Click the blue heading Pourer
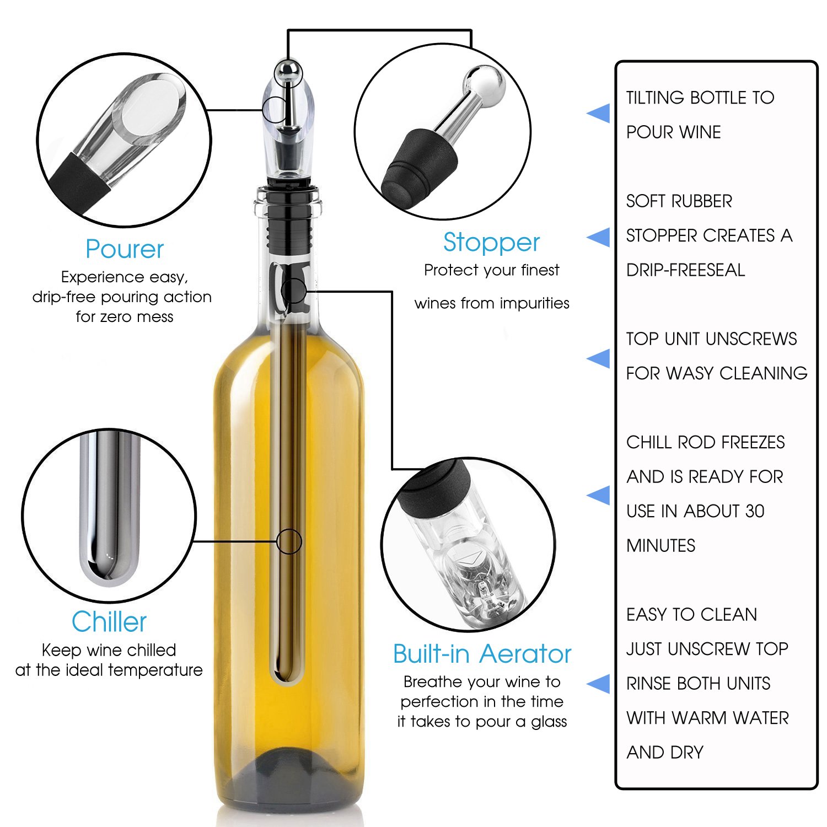click(x=125, y=249)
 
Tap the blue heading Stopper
click(x=491, y=243)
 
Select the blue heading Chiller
click(x=109, y=622)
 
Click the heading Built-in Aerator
click(x=482, y=654)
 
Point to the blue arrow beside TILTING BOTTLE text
click(x=599, y=114)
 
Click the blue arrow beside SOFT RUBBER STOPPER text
click(x=599, y=237)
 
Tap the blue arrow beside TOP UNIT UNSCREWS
click(x=599, y=358)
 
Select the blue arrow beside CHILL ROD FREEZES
click(x=599, y=495)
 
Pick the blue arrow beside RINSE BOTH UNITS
click(x=599, y=684)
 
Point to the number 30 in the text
click(x=754, y=511)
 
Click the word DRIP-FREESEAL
click(x=685, y=270)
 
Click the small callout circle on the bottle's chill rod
click(x=289, y=541)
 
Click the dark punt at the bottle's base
click(x=289, y=777)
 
